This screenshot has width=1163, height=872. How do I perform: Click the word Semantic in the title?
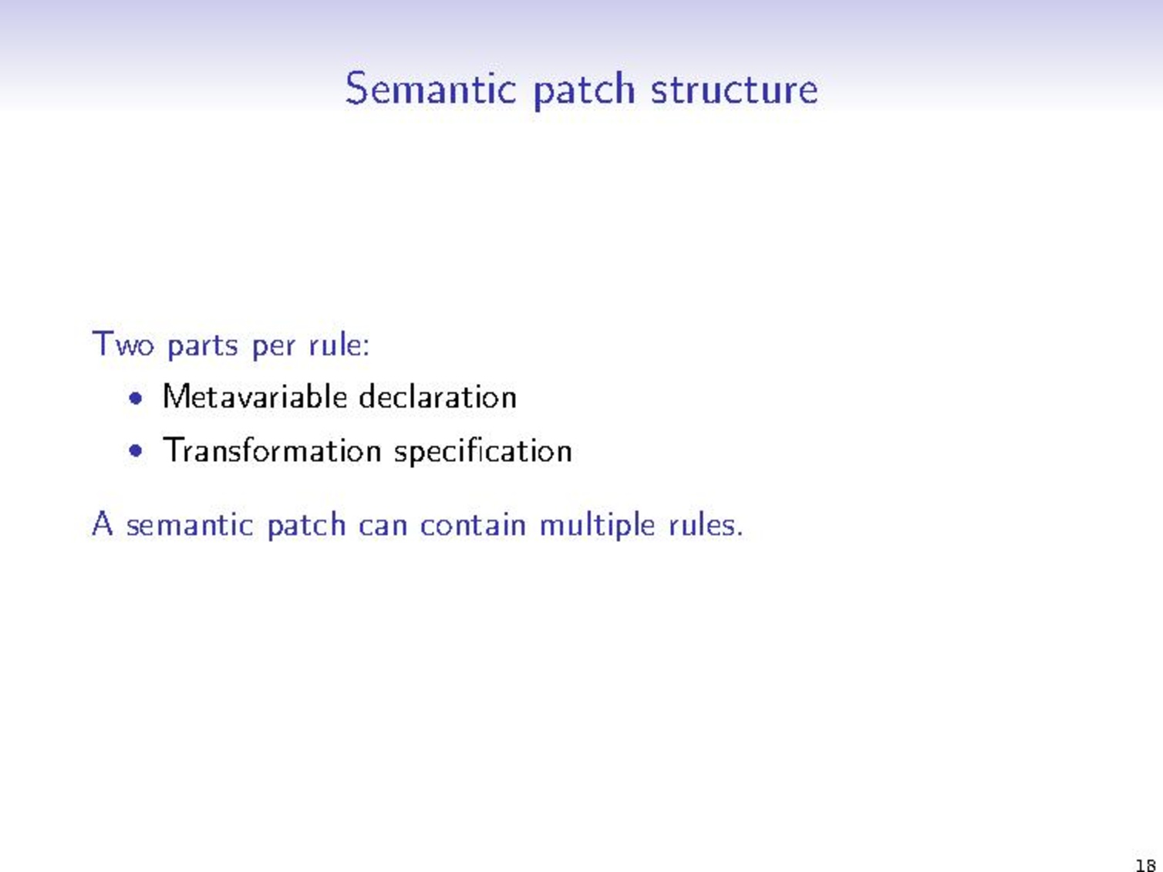click(x=430, y=89)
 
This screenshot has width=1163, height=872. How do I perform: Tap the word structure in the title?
click(x=733, y=89)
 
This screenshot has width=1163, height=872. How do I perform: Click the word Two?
click(x=123, y=344)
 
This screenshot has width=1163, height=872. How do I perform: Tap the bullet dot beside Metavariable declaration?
click(x=137, y=399)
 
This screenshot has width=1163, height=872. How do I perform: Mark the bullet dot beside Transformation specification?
click(x=137, y=451)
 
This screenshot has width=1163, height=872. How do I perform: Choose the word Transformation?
click(x=271, y=451)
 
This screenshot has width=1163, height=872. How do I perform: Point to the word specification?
click(x=483, y=452)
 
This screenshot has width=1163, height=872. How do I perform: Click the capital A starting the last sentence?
click(x=102, y=524)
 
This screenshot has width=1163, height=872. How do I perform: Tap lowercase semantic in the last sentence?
click(x=190, y=525)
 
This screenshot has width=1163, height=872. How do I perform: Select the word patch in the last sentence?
click(x=306, y=526)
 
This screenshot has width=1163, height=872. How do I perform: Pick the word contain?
click(x=472, y=525)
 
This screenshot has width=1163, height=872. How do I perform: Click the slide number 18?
click(x=1145, y=865)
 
